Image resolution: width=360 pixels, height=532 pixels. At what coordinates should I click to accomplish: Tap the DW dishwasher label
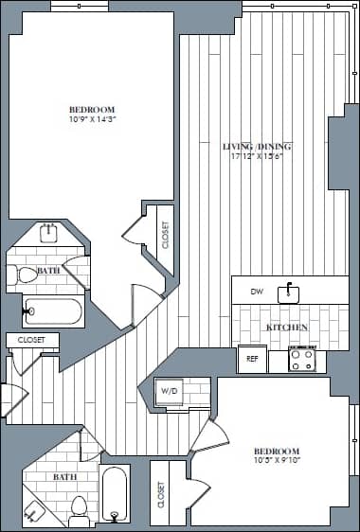tap(256, 293)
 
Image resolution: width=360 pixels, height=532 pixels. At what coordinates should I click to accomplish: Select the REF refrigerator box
tap(252, 360)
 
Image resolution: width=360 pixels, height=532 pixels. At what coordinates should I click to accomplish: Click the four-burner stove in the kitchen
tap(302, 360)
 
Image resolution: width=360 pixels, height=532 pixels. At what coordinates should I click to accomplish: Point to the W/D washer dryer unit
tap(170, 391)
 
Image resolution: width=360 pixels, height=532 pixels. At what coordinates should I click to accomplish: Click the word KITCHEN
tap(286, 327)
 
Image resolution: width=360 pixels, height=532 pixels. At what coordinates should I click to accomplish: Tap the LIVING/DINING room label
tap(256, 147)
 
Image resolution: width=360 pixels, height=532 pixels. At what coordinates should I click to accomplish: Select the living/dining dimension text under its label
tap(256, 157)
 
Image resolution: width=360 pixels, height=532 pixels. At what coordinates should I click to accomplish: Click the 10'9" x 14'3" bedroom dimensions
tap(92, 119)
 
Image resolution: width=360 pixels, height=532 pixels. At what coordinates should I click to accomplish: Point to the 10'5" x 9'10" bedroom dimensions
tap(277, 461)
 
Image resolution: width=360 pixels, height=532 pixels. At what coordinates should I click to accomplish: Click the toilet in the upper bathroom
tap(24, 275)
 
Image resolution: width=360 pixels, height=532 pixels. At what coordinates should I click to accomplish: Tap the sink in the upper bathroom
tap(48, 233)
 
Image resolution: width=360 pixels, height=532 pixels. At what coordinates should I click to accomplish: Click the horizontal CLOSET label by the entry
tap(31, 339)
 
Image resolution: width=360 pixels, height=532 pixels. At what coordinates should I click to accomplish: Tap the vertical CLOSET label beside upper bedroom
tap(165, 234)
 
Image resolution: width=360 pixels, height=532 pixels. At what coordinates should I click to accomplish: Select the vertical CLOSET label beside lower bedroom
tap(160, 492)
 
